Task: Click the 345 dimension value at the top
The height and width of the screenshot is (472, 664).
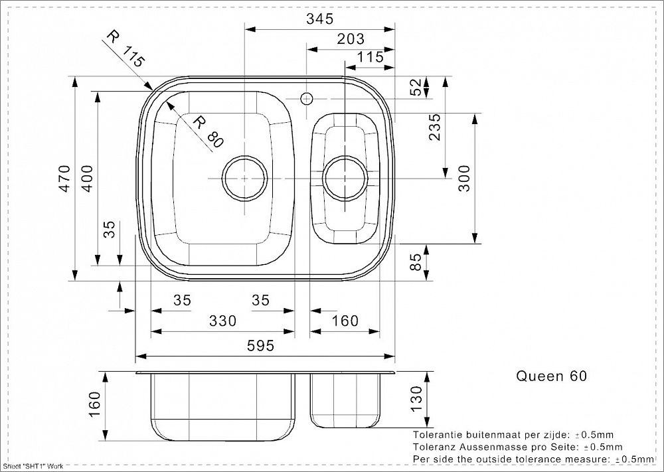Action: point(321,19)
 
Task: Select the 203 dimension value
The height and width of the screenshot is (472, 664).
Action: point(351,39)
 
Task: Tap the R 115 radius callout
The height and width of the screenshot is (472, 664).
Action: point(125,49)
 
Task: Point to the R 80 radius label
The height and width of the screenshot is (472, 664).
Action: point(208,131)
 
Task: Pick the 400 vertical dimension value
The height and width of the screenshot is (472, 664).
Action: point(87,178)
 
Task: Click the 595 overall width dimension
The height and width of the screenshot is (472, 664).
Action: point(260,346)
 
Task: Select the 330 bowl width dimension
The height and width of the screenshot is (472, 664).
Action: point(222,321)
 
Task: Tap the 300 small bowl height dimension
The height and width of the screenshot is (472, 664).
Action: point(464,178)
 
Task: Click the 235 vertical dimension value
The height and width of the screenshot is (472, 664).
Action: point(434,127)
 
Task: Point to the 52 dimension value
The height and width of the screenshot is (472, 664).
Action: point(417,87)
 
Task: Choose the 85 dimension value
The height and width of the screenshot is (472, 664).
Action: point(417,262)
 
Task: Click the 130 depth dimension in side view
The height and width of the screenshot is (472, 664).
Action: point(417,398)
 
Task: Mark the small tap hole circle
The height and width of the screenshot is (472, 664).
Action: point(306,99)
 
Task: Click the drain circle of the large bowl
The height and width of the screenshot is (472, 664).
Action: point(245,179)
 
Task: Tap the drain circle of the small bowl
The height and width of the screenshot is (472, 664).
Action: point(345,179)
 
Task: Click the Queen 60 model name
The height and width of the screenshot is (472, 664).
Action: point(551,376)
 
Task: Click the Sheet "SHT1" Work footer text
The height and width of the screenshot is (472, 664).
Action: point(33,466)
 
